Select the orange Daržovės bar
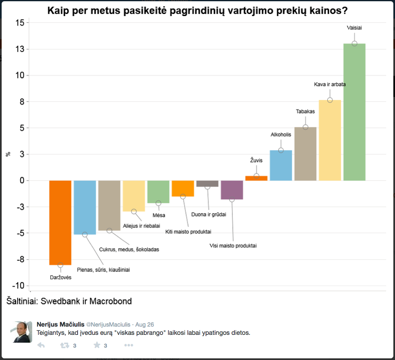pos(60,223)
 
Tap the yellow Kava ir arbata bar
pos(330,140)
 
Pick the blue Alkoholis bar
pos(281,165)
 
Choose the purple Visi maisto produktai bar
pos(232,190)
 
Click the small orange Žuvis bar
pos(256,178)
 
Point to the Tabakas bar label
pos(305,111)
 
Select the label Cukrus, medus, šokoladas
pos(129,249)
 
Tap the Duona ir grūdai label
pos(209,214)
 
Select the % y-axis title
pos(8,154)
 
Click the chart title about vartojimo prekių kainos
pos(197,11)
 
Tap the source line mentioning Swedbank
pos(69,301)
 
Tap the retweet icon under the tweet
pos(65,346)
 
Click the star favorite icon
pos(97,345)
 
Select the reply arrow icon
pos(41,346)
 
